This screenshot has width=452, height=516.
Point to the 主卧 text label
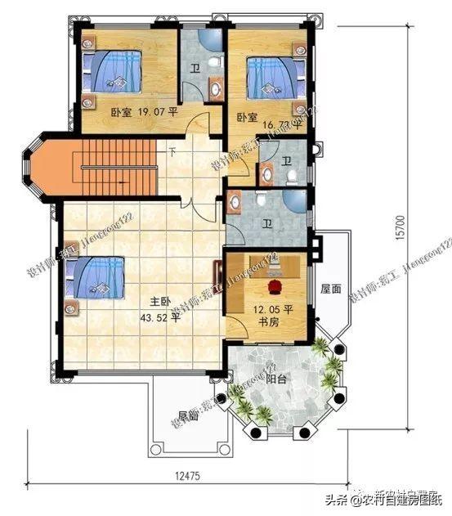tap(159, 301)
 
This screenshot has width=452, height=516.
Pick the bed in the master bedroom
tap(96, 277)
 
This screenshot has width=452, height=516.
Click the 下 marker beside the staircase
tap(172, 151)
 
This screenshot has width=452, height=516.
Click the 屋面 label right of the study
tap(330, 289)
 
